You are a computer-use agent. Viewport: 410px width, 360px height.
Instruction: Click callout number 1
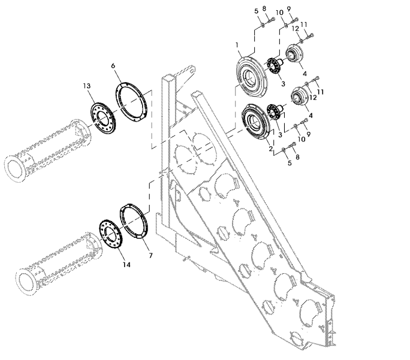[x=237, y=45]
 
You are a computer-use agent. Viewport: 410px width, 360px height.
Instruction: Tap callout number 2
[x=270, y=149]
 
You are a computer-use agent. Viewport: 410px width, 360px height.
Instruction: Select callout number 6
[x=113, y=65]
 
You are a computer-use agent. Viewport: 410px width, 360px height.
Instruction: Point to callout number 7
[x=150, y=255]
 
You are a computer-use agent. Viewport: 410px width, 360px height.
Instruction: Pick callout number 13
[x=87, y=86]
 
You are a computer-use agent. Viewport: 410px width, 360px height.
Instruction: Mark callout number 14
[x=126, y=265]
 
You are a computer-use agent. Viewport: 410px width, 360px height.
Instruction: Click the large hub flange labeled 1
[x=252, y=78]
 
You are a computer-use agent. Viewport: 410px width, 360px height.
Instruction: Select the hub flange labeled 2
[x=256, y=122]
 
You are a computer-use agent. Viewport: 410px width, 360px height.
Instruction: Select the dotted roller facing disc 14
[x=59, y=264]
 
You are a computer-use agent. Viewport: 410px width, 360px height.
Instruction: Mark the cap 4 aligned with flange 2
[x=300, y=96]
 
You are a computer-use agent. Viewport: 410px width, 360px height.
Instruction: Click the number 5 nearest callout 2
[x=290, y=163]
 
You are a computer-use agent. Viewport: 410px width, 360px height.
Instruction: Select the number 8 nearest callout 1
[x=264, y=8]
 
